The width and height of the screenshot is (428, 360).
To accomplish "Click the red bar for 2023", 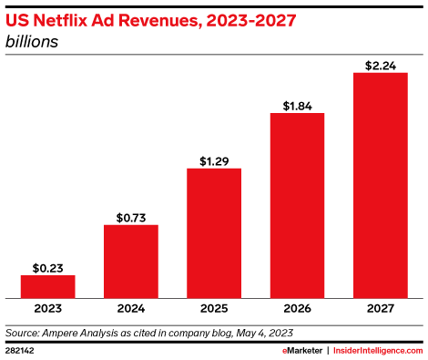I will (x=47, y=286).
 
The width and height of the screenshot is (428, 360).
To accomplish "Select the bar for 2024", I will (x=130, y=261).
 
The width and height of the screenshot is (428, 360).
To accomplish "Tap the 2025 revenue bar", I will (x=214, y=232).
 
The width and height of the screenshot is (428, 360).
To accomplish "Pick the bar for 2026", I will (x=297, y=205).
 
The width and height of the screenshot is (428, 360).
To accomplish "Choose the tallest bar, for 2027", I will (x=380, y=185).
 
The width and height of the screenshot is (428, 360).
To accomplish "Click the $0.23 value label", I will (x=47, y=267).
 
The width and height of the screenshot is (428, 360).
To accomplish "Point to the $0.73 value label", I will (x=130, y=217).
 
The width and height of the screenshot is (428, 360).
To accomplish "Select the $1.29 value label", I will (x=214, y=161).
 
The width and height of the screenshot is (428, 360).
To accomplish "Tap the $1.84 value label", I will (x=297, y=106).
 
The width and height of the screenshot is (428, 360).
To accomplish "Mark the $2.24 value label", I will (x=380, y=65).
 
